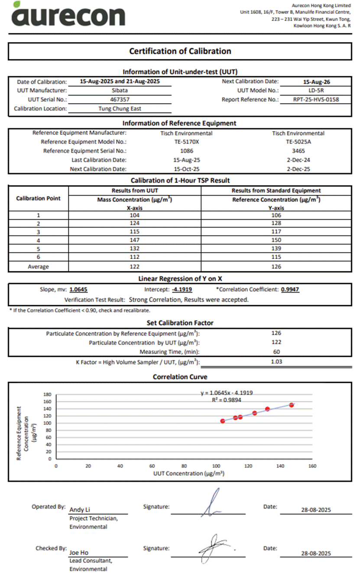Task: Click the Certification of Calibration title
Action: pyautogui.click(x=180, y=51)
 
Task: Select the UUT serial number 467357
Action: pyautogui.click(x=119, y=100)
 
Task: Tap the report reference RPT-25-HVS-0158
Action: pyautogui.click(x=315, y=100)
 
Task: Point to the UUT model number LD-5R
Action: pyautogui.click(x=315, y=91)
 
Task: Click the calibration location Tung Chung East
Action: pyautogui.click(x=120, y=109)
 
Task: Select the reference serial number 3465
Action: pyautogui.click(x=298, y=151)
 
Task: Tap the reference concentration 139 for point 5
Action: pyautogui.click(x=276, y=248)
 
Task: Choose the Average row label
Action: pyautogui.click(x=38, y=267)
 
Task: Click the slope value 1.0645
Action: pyautogui.click(x=78, y=290)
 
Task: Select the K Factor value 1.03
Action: pyautogui.click(x=276, y=361)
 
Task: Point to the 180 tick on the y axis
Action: pyautogui.click(x=47, y=394)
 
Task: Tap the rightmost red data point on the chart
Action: pyautogui.click(x=292, y=405)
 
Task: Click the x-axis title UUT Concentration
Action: pyautogui.click(x=188, y=473)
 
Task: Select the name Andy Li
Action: pyautogui.click(x=80, y=510)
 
